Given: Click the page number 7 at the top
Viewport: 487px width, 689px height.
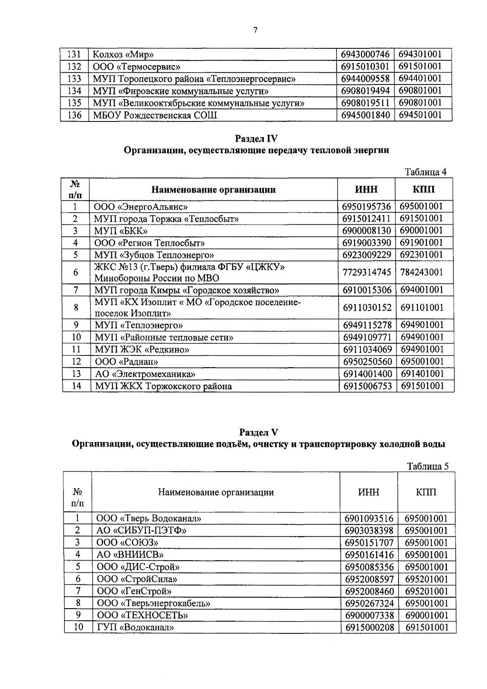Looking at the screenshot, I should (x=255, y=30).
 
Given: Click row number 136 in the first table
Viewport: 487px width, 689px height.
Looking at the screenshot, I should (x=75, y=115).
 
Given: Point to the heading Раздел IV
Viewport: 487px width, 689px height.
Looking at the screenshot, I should (x=256, y=139).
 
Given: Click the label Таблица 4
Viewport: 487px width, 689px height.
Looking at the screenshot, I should (x=426, y=172).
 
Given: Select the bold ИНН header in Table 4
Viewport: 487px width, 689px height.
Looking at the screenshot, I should (x=366, y=189).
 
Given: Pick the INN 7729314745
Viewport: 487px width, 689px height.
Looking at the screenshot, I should (x=367, y=272).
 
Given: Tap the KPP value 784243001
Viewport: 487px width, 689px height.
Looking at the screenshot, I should (x=421, y=272).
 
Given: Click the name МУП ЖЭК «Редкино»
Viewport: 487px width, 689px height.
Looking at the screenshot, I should (x=142, y=349).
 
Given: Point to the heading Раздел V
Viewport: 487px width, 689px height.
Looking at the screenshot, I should (x=259, y=432).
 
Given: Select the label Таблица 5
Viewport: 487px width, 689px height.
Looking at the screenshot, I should (x=428, y=466).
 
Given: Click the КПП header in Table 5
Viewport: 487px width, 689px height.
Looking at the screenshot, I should (x=426, y=492).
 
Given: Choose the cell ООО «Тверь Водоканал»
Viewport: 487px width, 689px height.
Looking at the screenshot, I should (x=149, y=518).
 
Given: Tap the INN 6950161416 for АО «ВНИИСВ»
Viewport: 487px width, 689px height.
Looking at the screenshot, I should (x=369, y=555).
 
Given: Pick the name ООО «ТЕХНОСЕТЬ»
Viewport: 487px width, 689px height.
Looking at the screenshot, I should (x=142, y=615).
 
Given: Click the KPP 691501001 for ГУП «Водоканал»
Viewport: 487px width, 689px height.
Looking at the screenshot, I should (x=427, y=628).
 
